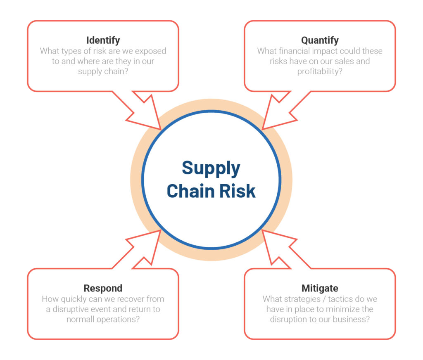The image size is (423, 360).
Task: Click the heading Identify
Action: click(103, 40)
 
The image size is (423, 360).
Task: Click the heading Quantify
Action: click(320, 40)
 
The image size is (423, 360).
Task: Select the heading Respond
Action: click(103, 288)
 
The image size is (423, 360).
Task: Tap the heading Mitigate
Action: click(320, 288)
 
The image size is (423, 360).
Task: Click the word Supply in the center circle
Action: click(211, 168)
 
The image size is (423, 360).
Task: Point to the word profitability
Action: click(320, 71)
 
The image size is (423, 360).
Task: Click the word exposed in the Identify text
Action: click(149, 51)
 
